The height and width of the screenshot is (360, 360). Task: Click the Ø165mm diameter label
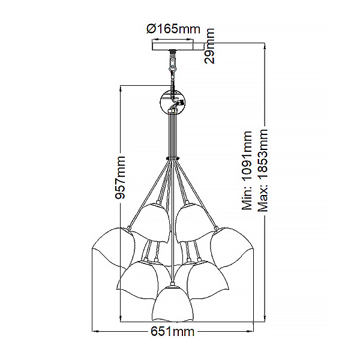click(x=173, y=29)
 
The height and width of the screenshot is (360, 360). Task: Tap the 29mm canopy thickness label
click(x=209, y=46)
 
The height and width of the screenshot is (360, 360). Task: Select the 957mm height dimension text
click(x=121, y=178)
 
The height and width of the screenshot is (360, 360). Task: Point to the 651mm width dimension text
click(x=172, y=331)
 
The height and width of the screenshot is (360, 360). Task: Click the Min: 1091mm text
click(x=247, y=170)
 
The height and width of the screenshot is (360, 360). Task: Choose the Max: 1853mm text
click(x=263, y=170)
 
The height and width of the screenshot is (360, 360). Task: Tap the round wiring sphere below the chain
click(x=172, y=103)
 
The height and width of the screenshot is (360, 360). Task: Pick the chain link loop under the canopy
click(x=172, y=68)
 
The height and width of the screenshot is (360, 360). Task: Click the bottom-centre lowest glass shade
click(x=173, y=302)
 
